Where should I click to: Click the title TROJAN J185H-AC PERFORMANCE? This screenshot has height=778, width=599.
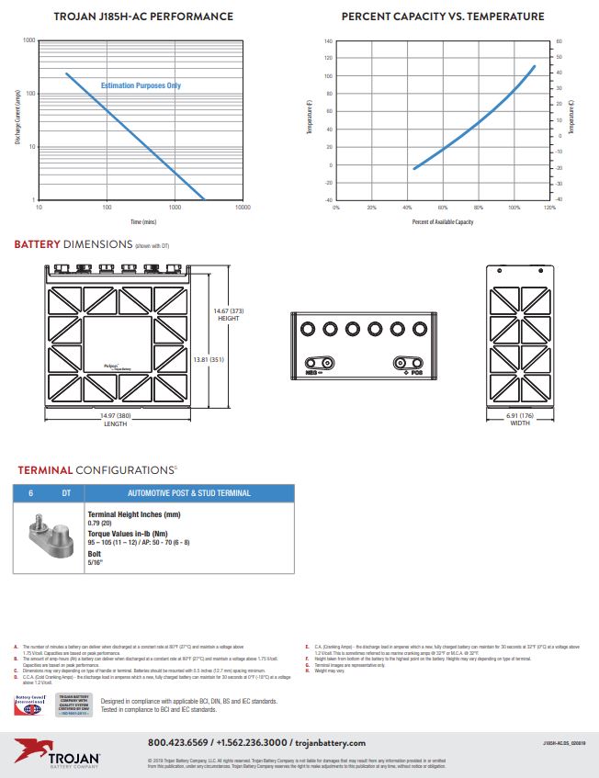142,17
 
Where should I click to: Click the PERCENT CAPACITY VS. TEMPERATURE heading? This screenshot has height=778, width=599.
442,17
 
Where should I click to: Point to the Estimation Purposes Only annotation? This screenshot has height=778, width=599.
141,85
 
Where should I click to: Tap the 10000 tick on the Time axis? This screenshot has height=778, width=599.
243,208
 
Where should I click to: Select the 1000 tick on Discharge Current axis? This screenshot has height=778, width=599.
28,41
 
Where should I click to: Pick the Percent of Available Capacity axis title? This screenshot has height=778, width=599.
442,222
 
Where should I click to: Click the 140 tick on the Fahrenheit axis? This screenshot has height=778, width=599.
328,41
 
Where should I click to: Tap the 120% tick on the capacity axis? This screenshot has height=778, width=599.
549,208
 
